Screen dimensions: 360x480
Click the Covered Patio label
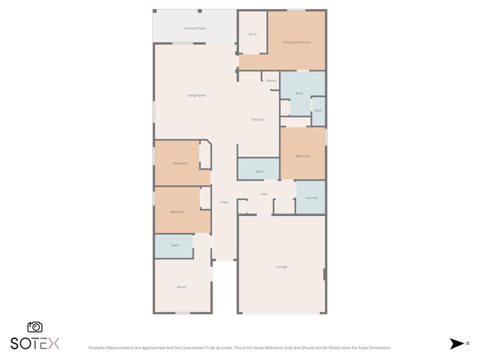[194, 28]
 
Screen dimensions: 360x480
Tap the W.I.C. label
[253, 34]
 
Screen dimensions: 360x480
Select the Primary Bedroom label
[296, 42]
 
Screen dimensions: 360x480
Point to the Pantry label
[271, 80]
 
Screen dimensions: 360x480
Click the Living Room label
[196, 95]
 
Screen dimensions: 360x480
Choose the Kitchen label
[257, 119]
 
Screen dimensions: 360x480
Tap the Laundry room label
[311, 197]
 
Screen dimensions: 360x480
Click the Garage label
[281, 266]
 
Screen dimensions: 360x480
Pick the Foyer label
[224, 202]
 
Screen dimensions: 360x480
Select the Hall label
[263, 194]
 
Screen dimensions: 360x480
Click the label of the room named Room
[181, 287]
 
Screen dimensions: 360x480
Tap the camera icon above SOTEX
[35, 327]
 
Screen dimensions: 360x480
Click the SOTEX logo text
[35, 343]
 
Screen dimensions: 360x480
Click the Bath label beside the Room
[175, 245]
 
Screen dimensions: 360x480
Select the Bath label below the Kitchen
[259, 172]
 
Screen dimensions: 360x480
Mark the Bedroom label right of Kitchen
[302, 156]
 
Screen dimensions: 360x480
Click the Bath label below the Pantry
[299, 93]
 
